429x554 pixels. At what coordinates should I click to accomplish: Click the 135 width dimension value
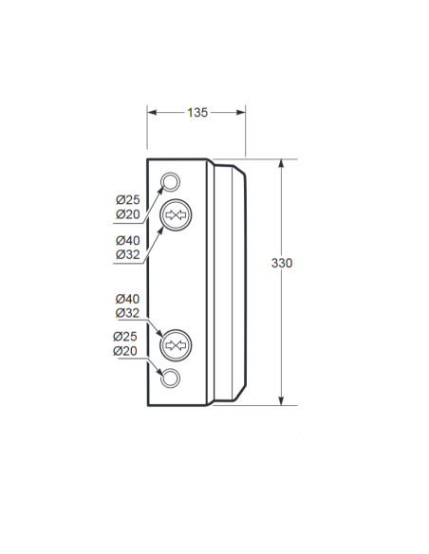pos(197,112)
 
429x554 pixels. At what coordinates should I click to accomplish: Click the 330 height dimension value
pos(282,263)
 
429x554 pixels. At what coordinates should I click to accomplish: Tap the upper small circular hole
pos(170,181)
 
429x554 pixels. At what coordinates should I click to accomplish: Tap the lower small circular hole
pos(170,379)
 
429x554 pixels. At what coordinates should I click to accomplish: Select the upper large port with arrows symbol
pos(176,214)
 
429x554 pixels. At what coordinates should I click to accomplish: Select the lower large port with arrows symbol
pos(176,345)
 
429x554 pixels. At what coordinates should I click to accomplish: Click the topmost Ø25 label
pos(128,200)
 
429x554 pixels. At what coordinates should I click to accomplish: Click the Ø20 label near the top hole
pos(128,214)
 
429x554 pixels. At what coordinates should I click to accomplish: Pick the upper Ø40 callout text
pos(128,241)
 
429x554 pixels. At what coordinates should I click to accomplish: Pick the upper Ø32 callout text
pos(128,254)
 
